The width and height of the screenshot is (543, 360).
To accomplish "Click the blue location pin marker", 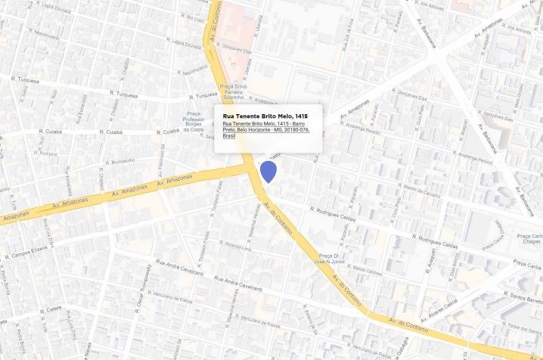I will click(x=268, y=171).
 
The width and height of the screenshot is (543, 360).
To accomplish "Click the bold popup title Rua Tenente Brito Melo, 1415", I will click(x=265, y=116).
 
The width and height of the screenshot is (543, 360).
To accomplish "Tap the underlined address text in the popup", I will click(x=265, y=129).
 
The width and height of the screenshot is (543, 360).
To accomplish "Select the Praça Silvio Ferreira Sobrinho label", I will click(x=232, y=92).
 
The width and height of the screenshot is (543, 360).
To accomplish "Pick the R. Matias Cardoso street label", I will click(x=366, y=271).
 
